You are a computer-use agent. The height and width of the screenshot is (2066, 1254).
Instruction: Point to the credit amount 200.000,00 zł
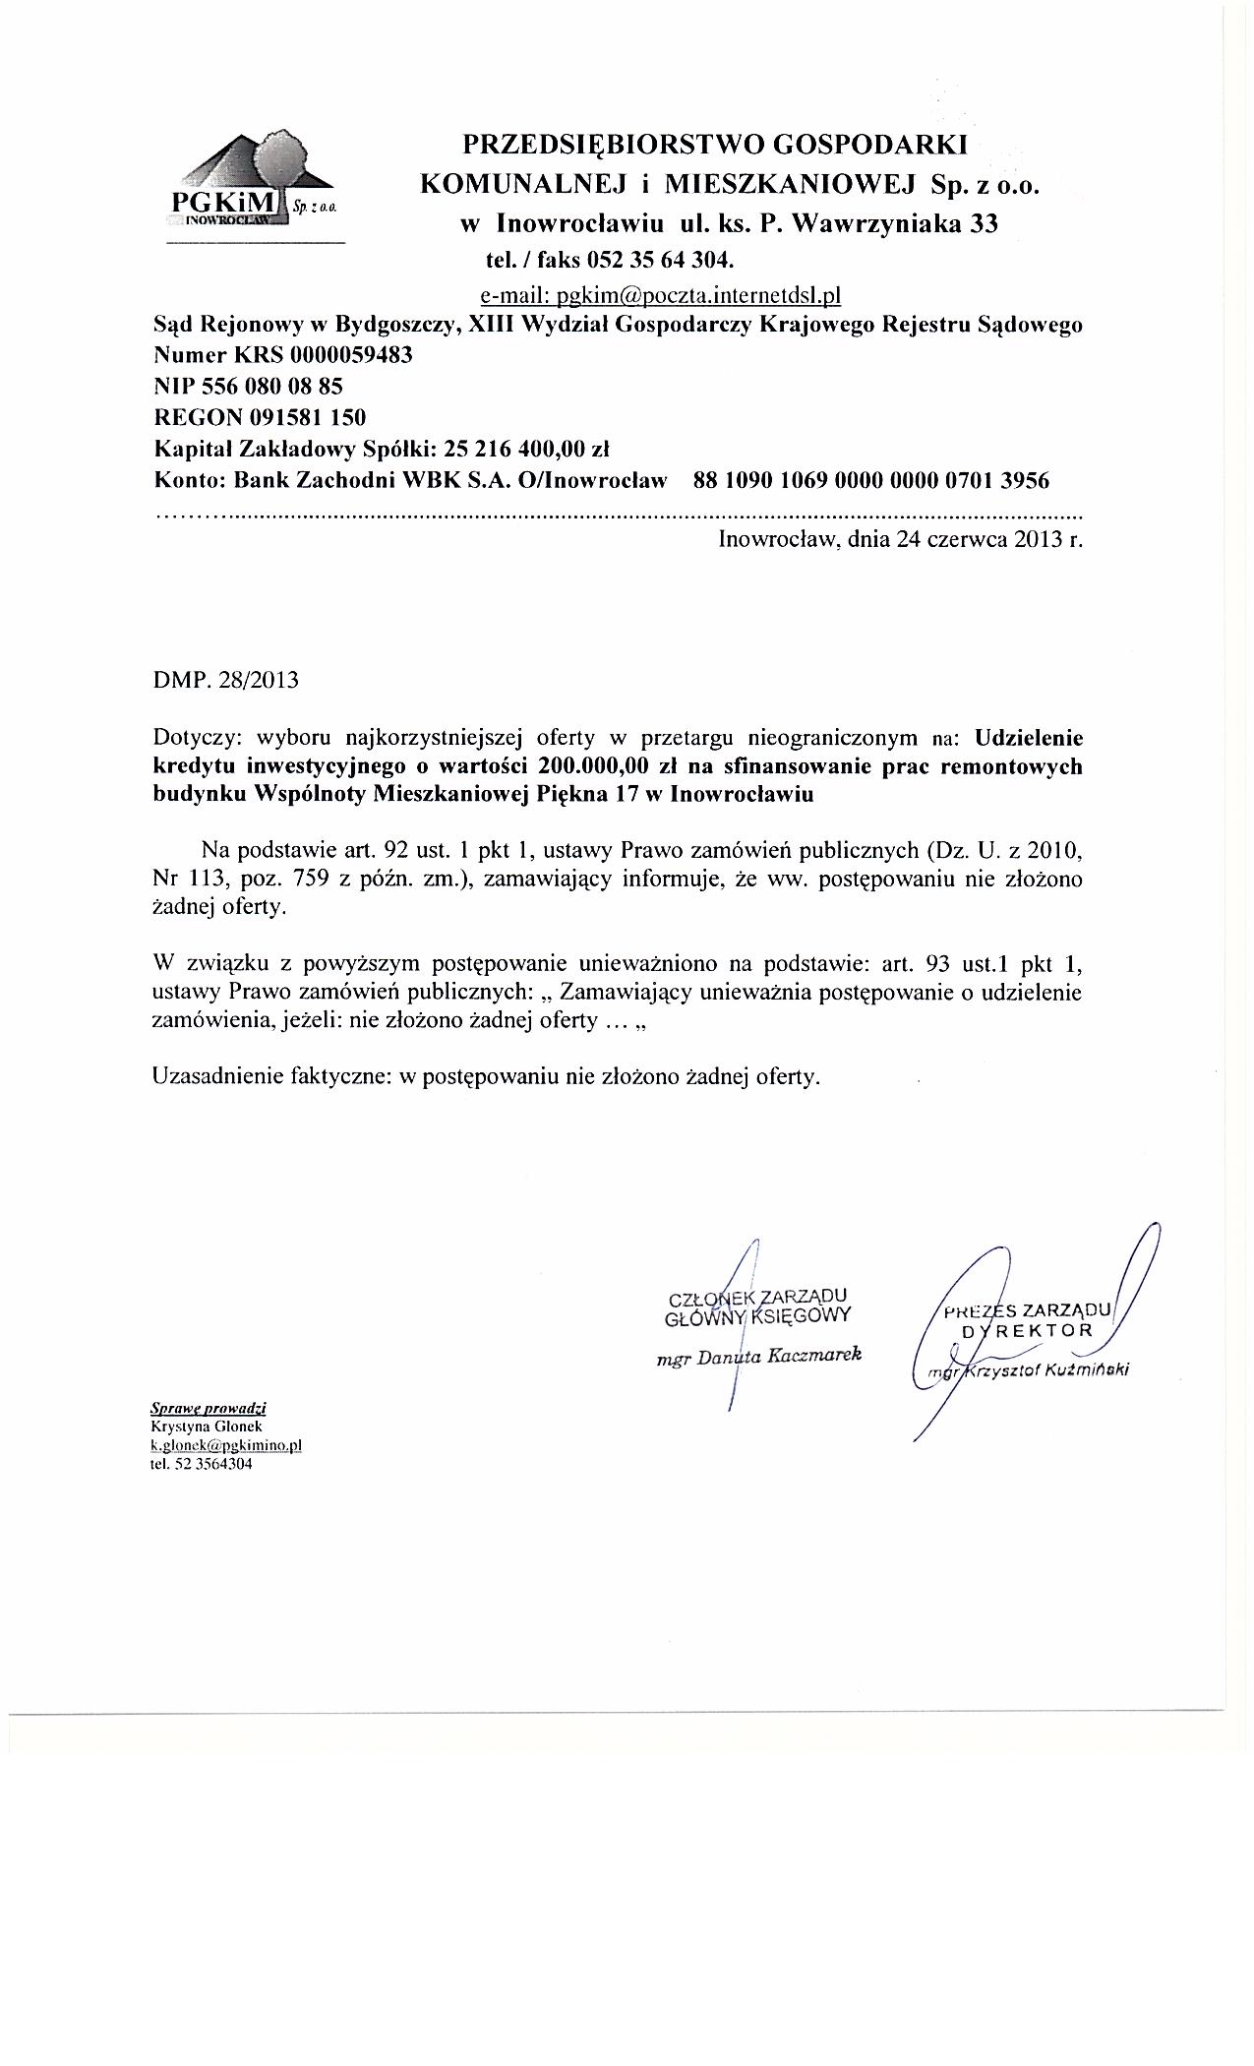pyautogui.click(x=602, y=766)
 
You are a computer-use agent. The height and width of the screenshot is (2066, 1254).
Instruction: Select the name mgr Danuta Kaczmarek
pyautogui.click(x=758, y=1356)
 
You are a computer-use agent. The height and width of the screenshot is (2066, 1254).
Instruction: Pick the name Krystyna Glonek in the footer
pyautogui.click(x=194, y=1426)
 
